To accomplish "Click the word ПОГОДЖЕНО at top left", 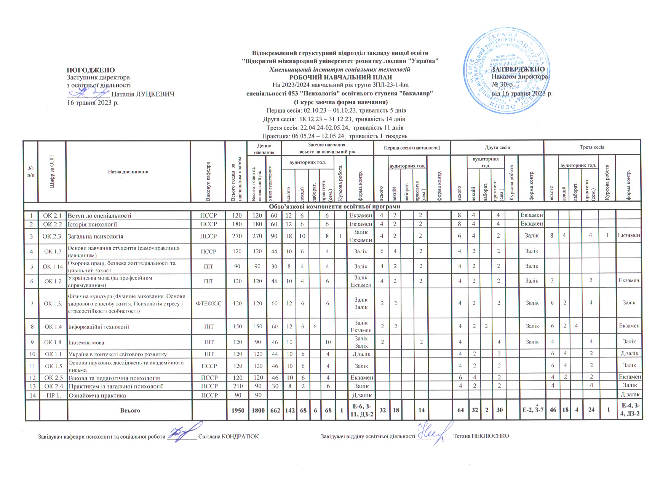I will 91,70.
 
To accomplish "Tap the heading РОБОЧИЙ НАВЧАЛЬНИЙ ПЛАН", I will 340,77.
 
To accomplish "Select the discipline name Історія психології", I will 92,224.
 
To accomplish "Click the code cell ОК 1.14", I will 53,266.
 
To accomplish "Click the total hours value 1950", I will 237,410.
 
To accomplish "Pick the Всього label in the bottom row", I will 130,410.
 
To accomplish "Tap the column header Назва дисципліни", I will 128,172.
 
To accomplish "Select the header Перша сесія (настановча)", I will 412,148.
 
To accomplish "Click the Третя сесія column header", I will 592,147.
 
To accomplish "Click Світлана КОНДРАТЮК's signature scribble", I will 182,433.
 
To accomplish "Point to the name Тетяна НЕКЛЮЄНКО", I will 481,436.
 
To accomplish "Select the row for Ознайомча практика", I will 97,395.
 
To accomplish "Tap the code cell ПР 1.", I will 53,395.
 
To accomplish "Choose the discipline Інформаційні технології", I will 98,326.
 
